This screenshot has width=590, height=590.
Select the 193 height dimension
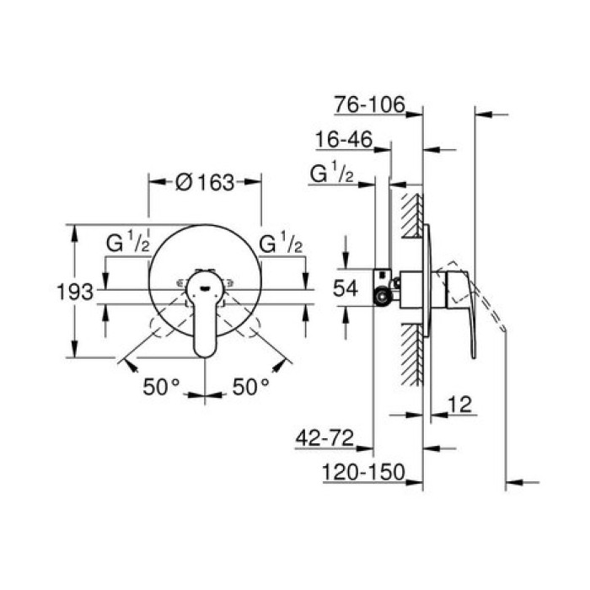(74, 292)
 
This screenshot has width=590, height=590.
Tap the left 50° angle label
(161, 386)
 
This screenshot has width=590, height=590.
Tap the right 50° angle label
(249, 386)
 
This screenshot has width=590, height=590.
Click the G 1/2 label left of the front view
(127, 245)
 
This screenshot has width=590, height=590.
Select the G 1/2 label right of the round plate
(282, 245)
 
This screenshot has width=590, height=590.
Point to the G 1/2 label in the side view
(331, 174)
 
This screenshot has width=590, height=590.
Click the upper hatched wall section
(411, 214)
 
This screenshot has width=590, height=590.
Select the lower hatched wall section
(411, 355)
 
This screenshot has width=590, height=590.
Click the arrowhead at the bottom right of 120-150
(516, 482)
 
